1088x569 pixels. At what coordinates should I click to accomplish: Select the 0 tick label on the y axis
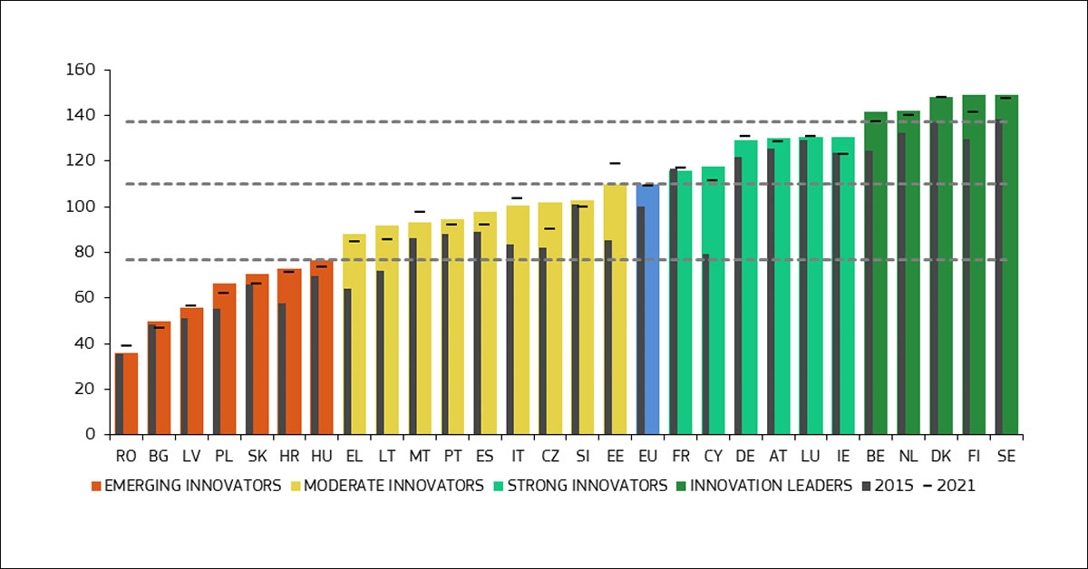coord(92,435)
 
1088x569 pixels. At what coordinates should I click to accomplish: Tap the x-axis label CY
coord(713,457)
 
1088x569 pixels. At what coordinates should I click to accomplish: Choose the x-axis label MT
coord(419,457)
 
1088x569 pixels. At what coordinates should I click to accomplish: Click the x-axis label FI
coord(973,457)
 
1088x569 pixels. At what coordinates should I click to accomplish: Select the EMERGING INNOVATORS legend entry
coord(186,486)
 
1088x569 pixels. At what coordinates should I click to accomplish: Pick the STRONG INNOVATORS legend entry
coord(580,486)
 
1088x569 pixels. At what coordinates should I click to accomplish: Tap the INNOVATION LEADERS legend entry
coord(764,486)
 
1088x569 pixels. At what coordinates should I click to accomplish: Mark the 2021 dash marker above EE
coord(615,163)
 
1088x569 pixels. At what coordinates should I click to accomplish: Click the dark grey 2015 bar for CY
coord(705,344)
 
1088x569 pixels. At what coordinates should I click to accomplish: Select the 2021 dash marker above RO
coord(126,345)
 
